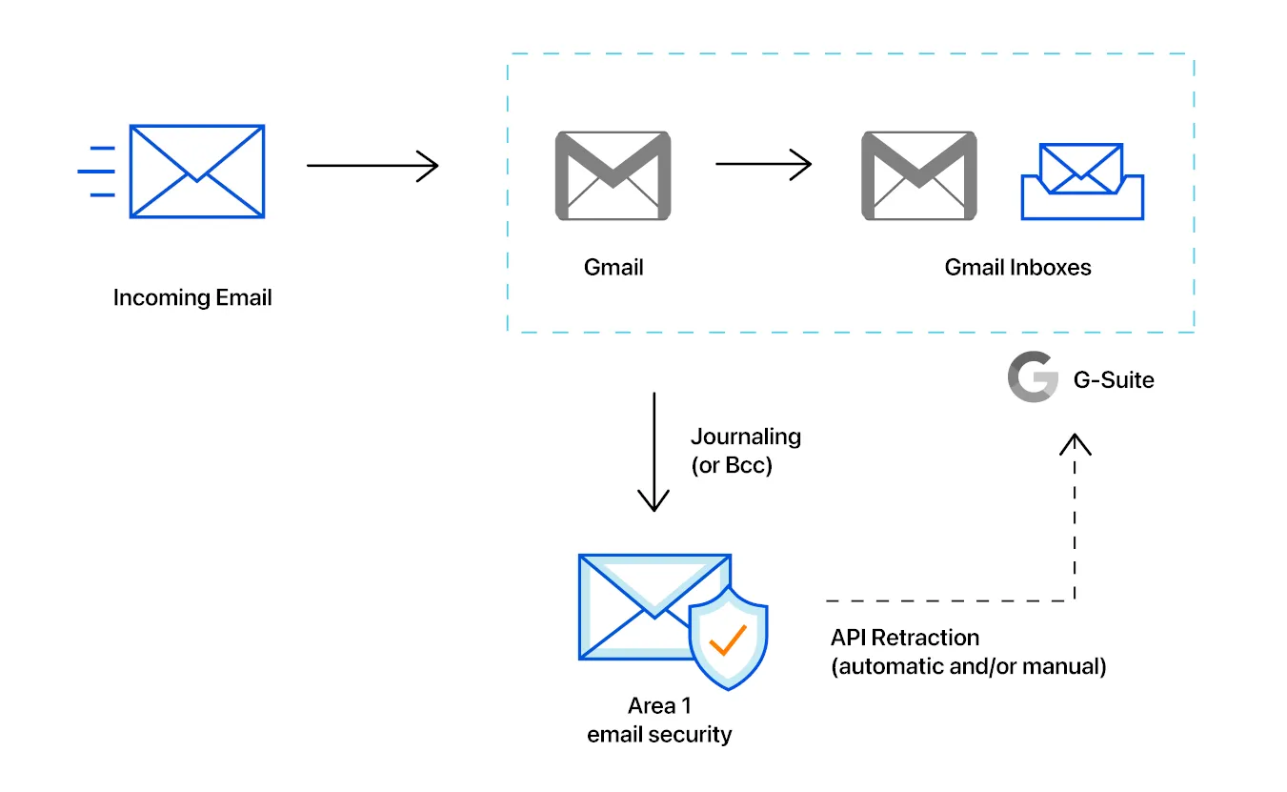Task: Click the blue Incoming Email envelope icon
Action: [196, 172]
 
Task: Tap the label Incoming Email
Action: [192, 297]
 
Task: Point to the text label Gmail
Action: [613, 267]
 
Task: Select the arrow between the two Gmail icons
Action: [763, 165]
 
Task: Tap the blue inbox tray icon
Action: [1082, 183]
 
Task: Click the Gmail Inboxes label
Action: [1017, 267]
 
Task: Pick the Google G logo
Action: [1033, 377]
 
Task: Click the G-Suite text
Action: [1114, 379]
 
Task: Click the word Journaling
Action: [745, 437]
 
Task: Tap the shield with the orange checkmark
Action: [728, 638]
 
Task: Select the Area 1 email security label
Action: [659, 721]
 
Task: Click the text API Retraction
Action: [904, 637]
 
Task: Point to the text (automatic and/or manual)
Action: [968, 666]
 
